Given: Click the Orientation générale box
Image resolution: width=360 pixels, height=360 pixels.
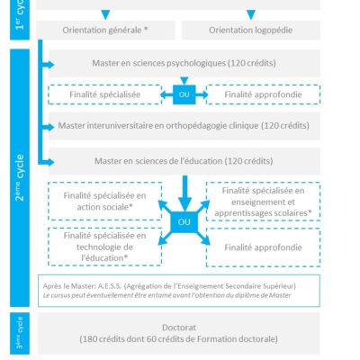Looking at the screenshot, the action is (x=105, y=30).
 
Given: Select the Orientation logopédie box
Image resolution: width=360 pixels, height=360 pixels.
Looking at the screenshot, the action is (x=251, y=30).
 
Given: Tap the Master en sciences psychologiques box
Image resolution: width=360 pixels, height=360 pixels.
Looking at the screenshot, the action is (x=184, y=63).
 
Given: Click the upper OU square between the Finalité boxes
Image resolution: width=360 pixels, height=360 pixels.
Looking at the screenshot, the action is (x=184, y=94).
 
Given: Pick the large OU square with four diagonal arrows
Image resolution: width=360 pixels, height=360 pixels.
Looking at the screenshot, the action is (x=184, y=222).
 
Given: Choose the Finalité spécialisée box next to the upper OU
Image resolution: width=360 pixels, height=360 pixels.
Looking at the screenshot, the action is (x=105, y=94).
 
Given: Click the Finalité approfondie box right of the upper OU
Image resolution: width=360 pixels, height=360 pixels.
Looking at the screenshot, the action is (x=263, y=94).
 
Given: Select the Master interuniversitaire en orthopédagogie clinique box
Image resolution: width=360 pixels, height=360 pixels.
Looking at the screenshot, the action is (x=184, y=126).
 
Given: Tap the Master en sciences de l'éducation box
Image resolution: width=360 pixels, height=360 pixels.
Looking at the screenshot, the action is (x=184, y=161).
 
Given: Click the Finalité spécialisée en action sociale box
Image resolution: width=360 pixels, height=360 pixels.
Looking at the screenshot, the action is (x=105, y=201).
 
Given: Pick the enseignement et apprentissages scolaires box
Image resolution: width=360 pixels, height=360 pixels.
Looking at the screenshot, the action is (x=263, y=202).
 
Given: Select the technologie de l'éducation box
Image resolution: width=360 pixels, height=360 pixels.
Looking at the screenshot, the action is (x=105, y=247).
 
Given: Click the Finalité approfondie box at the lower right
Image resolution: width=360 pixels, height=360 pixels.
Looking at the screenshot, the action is (x=263, y=247).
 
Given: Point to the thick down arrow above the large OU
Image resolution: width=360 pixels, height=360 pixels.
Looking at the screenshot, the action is (x=184, y=193).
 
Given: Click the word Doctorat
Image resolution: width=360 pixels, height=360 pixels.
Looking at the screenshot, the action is (x=179, y=328).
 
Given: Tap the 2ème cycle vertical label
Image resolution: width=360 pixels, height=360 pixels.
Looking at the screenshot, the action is (x=20, y=177).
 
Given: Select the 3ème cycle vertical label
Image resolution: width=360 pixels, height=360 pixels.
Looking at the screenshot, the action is (x=20, y=333).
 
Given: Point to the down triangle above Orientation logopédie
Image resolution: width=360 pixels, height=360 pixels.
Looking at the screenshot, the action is (x=251, y=14).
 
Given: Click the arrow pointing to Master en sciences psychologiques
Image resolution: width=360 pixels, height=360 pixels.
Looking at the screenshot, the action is (x=47, y=65).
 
